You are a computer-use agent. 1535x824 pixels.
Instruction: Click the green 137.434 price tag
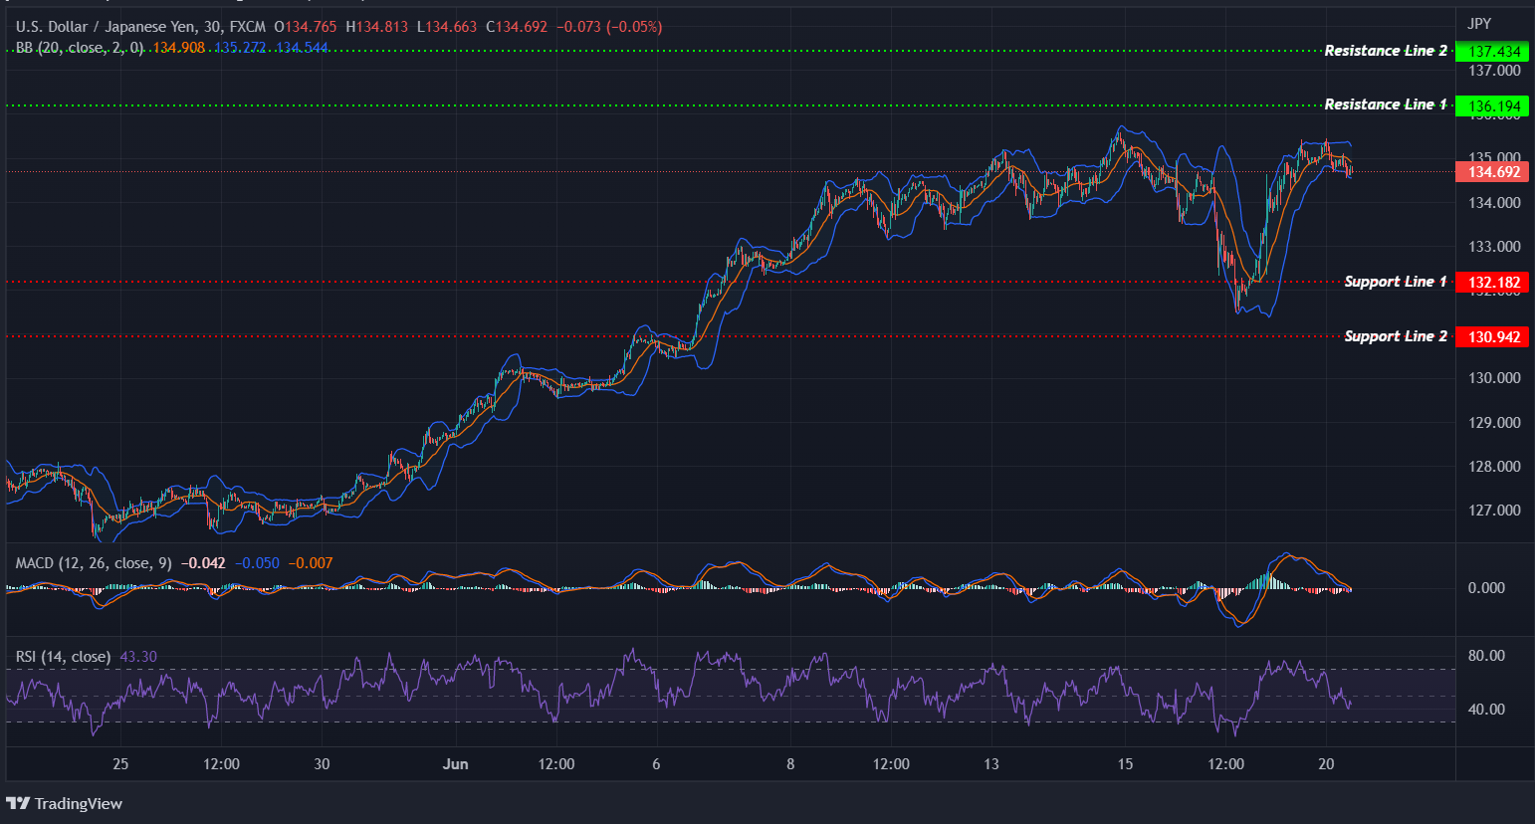(1492, 51)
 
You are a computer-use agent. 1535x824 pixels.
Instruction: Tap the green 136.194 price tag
(1492, 105)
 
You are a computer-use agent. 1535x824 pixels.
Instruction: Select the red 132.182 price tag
(1492, 283)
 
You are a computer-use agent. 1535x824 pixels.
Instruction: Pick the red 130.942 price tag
(1492, 337)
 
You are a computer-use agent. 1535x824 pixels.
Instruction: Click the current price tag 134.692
(1492, 172)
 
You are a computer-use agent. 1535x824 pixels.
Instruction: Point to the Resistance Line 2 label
(1385, 51)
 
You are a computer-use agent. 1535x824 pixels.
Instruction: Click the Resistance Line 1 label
(1385, 104)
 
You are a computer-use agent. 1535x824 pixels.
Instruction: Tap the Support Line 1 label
(1395, 282)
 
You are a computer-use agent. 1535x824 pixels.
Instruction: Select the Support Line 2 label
(1395, 336)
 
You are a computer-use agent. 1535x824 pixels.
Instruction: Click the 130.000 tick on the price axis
(1494, 378)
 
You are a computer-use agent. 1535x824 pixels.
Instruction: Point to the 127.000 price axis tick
(1494, 511)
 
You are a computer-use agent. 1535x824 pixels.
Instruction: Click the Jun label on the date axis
(455, 764)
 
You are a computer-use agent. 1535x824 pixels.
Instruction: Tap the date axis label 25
(120, 764)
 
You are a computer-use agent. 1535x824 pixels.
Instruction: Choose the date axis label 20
(1326, 764)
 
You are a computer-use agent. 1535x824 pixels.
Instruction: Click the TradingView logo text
(78, 804)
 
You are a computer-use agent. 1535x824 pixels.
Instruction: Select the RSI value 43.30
(138, 657)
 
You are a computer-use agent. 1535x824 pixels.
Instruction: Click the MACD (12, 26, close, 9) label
(94, 563)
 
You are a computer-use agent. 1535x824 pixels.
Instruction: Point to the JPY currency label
(1479, 24)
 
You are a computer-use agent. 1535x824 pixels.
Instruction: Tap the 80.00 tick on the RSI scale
(1486, 656)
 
